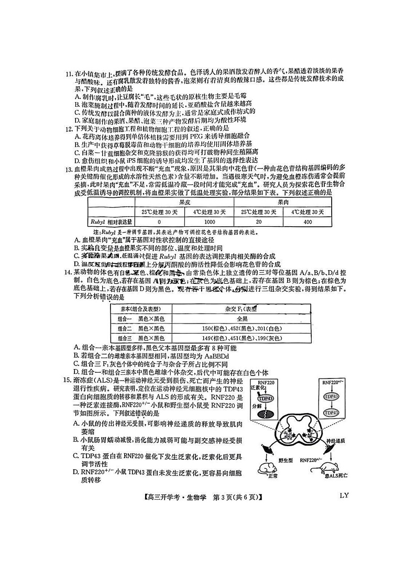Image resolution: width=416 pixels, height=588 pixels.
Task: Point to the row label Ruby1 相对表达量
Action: (x=110, y=222)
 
